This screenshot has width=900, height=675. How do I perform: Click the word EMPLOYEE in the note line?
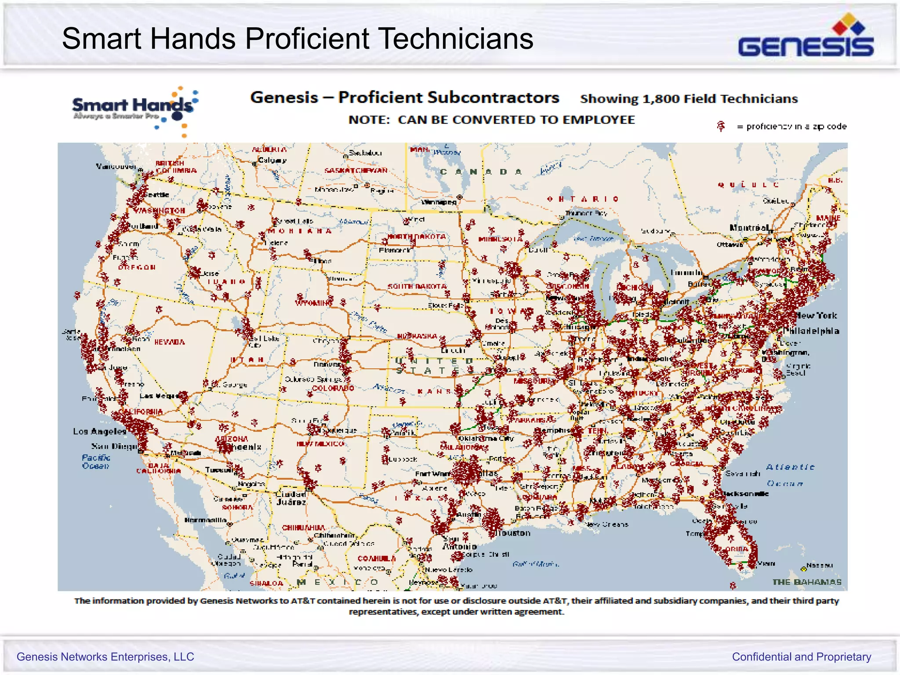tap(599, 120)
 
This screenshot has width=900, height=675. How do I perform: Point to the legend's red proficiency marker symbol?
tap(721, 127)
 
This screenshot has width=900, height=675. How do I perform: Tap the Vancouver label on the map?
tap(116, 166)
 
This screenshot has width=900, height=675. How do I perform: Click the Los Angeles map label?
tap(100, 432)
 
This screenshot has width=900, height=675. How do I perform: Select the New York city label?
tap(816, 316)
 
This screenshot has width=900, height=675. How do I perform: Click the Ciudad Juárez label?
tap(290, 498)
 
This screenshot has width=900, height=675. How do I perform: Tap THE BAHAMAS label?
tap(807, 582)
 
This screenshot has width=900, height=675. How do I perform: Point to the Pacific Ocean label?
tap(96, 461)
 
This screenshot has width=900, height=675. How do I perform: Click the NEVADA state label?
tap(170, 342)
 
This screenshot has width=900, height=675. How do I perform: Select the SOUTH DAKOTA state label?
tap(417, 287)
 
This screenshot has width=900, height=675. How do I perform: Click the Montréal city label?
tap(749, 228)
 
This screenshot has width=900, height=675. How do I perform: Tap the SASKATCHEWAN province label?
tap(356, 171)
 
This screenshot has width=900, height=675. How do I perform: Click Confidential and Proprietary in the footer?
tap(801, 657)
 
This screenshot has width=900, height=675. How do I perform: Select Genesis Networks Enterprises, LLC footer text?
tap(105, 657)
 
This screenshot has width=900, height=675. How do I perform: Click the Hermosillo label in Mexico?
tap(205, 520)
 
